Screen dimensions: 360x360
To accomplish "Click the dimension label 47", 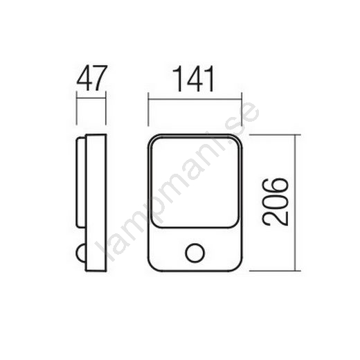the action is [92, 78].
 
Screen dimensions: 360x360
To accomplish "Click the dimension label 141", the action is [193, 79].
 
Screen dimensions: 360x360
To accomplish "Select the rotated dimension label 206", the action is [275, 201].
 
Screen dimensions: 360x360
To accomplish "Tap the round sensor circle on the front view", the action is [195, 253].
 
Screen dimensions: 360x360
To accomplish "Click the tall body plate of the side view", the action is [96, 203].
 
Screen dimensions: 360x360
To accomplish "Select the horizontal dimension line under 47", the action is [91, 99].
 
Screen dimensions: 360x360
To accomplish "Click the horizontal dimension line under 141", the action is [195, 99].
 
